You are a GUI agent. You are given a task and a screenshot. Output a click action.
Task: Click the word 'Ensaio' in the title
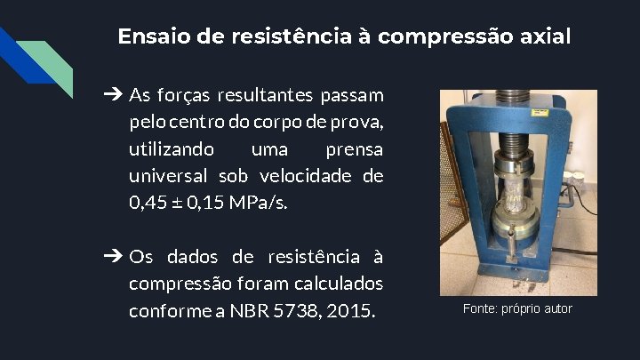[x=147, y=37]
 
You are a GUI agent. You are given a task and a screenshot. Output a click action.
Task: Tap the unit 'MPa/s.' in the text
[x=259, y=203]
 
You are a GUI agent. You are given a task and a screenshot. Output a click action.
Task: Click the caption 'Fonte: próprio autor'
[x=517, y=309]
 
